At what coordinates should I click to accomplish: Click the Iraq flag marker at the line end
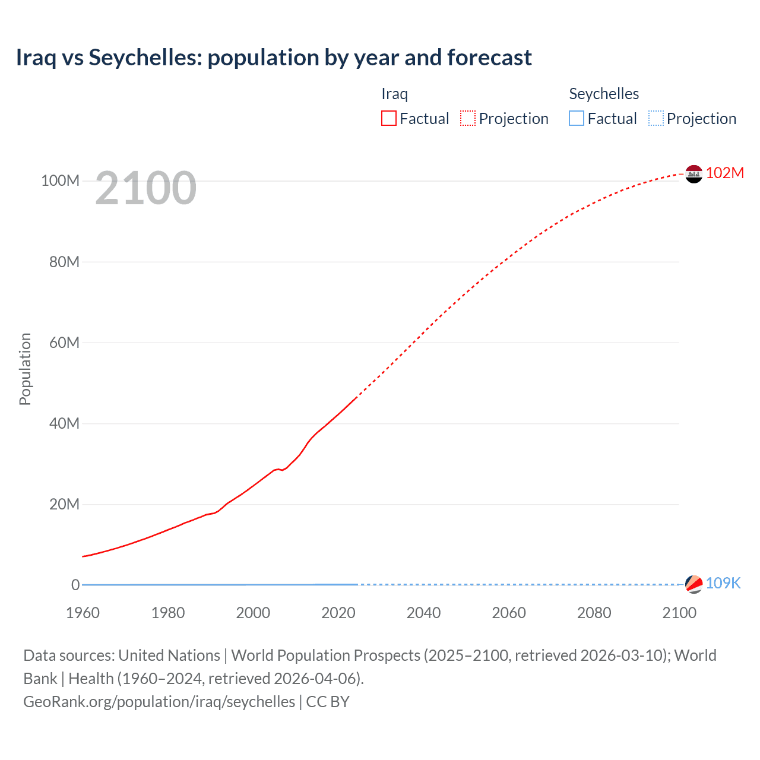(x=693, y=174)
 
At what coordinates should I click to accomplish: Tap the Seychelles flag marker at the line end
(x=693, y=584)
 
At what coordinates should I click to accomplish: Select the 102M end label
(x=724, y=173)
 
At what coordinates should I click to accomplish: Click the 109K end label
(x=723, y=583)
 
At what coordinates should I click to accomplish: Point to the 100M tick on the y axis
(x=60, y=180)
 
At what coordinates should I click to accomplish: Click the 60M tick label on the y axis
(x=64, y=343)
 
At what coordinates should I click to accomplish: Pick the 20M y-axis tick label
(x=64, y=504)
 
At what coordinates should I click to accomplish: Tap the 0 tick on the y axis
(x=75, y=585)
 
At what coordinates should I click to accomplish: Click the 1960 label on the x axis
(x=83, y=613)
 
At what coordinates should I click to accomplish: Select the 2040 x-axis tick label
(x=423, y=613)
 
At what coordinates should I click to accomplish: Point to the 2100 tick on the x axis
(x=679, y=613)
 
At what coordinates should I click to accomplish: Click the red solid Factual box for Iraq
(x=389, y=119)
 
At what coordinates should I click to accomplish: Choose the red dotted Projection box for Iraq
(x=468, y=119)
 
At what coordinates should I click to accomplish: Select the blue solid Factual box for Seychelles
(x=577, y=119)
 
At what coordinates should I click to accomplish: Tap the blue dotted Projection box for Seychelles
(x=656, y=119)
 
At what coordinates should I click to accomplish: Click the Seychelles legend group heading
(x=604, y=94)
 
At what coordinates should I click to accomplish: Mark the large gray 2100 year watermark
(x=145, y=188)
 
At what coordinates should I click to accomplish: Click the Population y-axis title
(x=25, y=369)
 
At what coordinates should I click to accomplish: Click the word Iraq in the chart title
(x=36, y=58)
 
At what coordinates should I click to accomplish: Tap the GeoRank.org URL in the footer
(x=159, y=702)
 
